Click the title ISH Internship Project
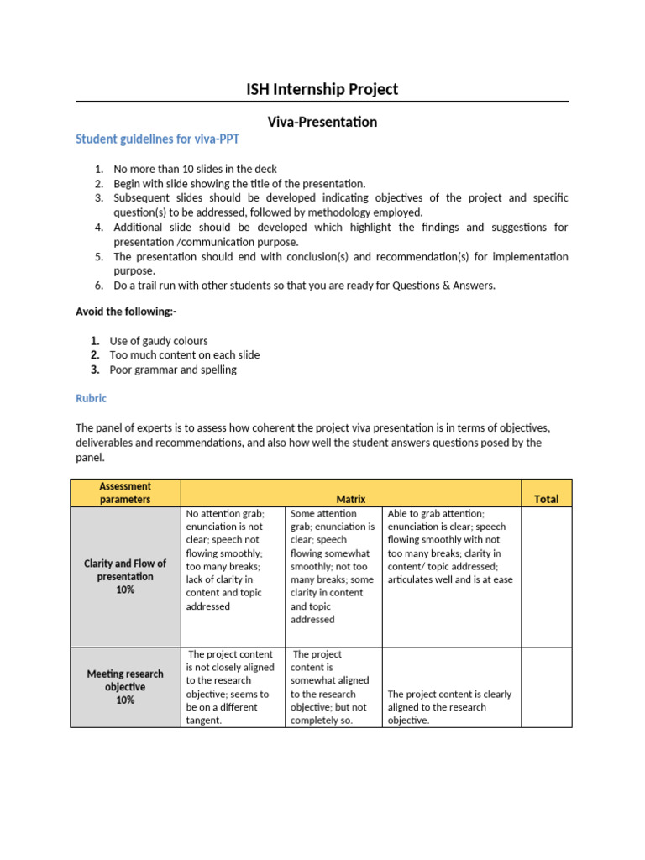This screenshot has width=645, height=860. click(x=322, y=89)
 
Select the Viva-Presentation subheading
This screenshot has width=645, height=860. click(x=322, y=122)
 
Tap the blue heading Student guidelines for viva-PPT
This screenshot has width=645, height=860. click(x=151, y=139)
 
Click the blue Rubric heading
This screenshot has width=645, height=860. click(x=92, y=398)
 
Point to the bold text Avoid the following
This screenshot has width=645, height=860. click(x=126, y=312)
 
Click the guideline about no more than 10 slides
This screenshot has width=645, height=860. click(x=195, y=169)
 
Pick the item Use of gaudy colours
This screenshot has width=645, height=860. click(x=159, y=341)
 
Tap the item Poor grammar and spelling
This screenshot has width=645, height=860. click(x=173, y=370)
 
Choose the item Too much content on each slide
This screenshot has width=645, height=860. click(x=185, y=355)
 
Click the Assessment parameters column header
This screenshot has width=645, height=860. click(x=125, y=493)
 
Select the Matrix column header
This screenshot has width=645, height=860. click(x=351, y=499)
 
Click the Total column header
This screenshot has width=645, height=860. click(x=546, y=499)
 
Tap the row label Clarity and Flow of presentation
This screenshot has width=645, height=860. click(x=125, y=576)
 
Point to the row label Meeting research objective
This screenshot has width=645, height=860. click(x=125, y=686)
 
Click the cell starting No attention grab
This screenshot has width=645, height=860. click(x=232, y=559)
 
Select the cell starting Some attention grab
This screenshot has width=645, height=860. click(x=333, y=566)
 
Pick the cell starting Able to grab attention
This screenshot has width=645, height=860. click(x=451, y=546)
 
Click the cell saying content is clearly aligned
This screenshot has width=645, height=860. click(x=451, y=707)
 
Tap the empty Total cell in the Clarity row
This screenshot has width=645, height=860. click(x=546, y=576)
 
